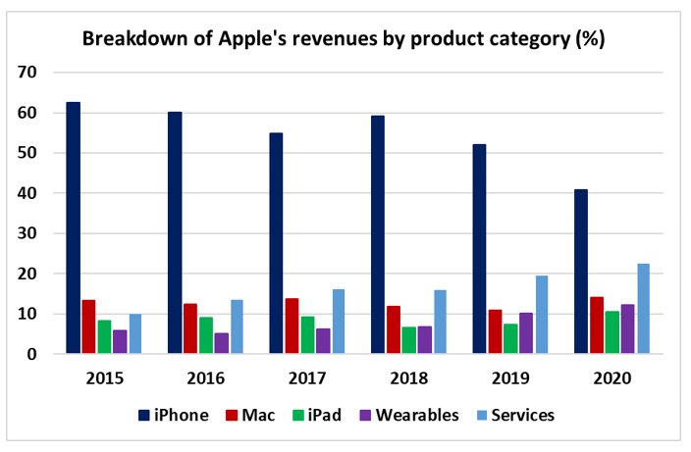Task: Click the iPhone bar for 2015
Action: tap(74, 227)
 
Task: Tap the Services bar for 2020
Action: tap(643, 309)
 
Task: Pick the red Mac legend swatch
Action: tap(233, 415)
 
